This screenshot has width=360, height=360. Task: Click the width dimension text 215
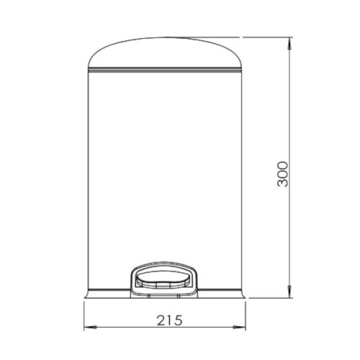click(x=166, y=318)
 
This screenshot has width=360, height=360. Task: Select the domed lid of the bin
click(x=166, y=54)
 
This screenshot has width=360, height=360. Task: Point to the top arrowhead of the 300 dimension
click(x=289, y=42)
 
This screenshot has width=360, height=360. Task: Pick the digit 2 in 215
click(x=156, y=318)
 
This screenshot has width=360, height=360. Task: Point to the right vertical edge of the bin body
click(x=244, y=180)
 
